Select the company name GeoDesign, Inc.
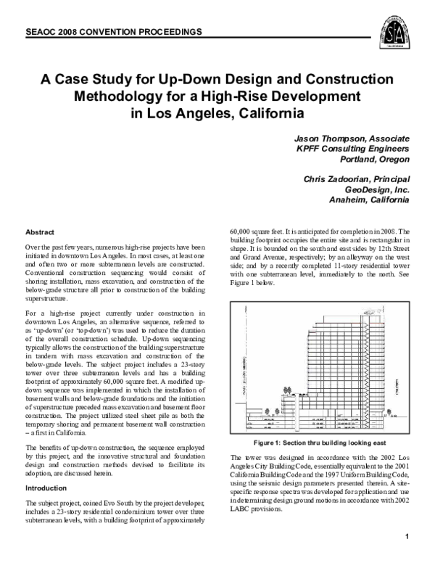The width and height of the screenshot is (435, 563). coord(374,189)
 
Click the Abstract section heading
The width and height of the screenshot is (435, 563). coord(41,232)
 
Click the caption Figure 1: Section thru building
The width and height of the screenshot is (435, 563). coord(318,442)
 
